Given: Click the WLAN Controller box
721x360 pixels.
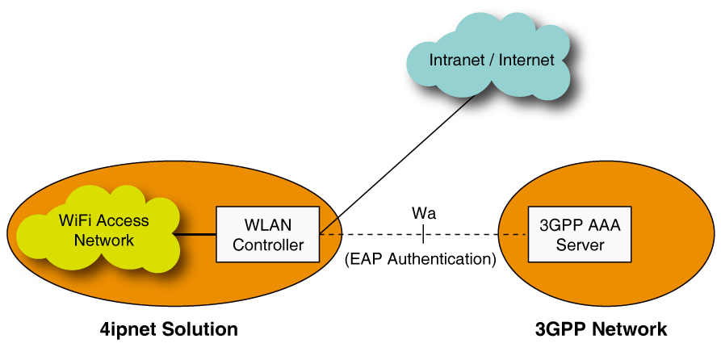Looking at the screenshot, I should point(267,234).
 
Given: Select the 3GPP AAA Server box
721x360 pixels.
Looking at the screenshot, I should point(580,234).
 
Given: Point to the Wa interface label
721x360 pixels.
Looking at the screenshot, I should point(424,213).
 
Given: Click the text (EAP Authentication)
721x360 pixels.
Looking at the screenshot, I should point(420,260).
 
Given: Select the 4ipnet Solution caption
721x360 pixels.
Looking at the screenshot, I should point(169,329).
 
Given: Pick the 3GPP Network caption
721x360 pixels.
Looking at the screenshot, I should point(601,329).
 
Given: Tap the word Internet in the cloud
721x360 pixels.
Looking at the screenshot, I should point(526,60).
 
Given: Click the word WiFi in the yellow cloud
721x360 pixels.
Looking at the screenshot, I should point(75,220).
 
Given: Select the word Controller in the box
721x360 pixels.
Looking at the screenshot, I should point(268,245).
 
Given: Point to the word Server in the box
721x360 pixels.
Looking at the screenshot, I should point(580,245).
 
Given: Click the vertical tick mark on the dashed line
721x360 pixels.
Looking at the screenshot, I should point(424,234).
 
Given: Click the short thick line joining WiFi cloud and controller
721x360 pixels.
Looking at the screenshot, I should point(196,234).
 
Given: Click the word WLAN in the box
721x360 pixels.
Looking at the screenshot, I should point(268,224).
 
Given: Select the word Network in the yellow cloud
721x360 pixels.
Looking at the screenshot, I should point(103,241).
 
